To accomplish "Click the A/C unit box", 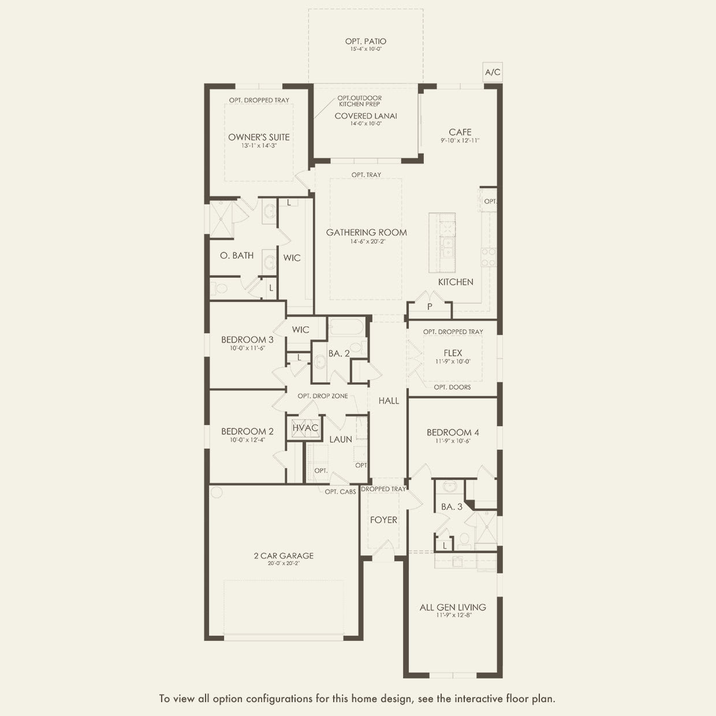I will [493, 72].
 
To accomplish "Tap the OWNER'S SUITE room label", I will [259, 137].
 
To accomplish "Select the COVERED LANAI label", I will [366, 116].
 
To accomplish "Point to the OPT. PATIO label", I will [366, 41].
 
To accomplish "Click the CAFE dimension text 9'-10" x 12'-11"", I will [460, 140].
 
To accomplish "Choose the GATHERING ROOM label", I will [366, 232].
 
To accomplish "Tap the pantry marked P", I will [429, 307].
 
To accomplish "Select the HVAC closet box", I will [305, 428].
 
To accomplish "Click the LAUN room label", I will [341, 439].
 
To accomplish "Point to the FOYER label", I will [383, 520].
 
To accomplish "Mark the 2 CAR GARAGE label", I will [284, 555].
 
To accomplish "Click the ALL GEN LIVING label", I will [453, 607].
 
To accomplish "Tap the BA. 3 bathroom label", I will [452, 506].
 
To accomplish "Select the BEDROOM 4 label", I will [453, 432].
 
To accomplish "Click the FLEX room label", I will [453, 353].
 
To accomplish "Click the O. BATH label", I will [237, 255].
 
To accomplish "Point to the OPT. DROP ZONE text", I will [322, 396].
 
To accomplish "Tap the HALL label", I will [389, 400].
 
